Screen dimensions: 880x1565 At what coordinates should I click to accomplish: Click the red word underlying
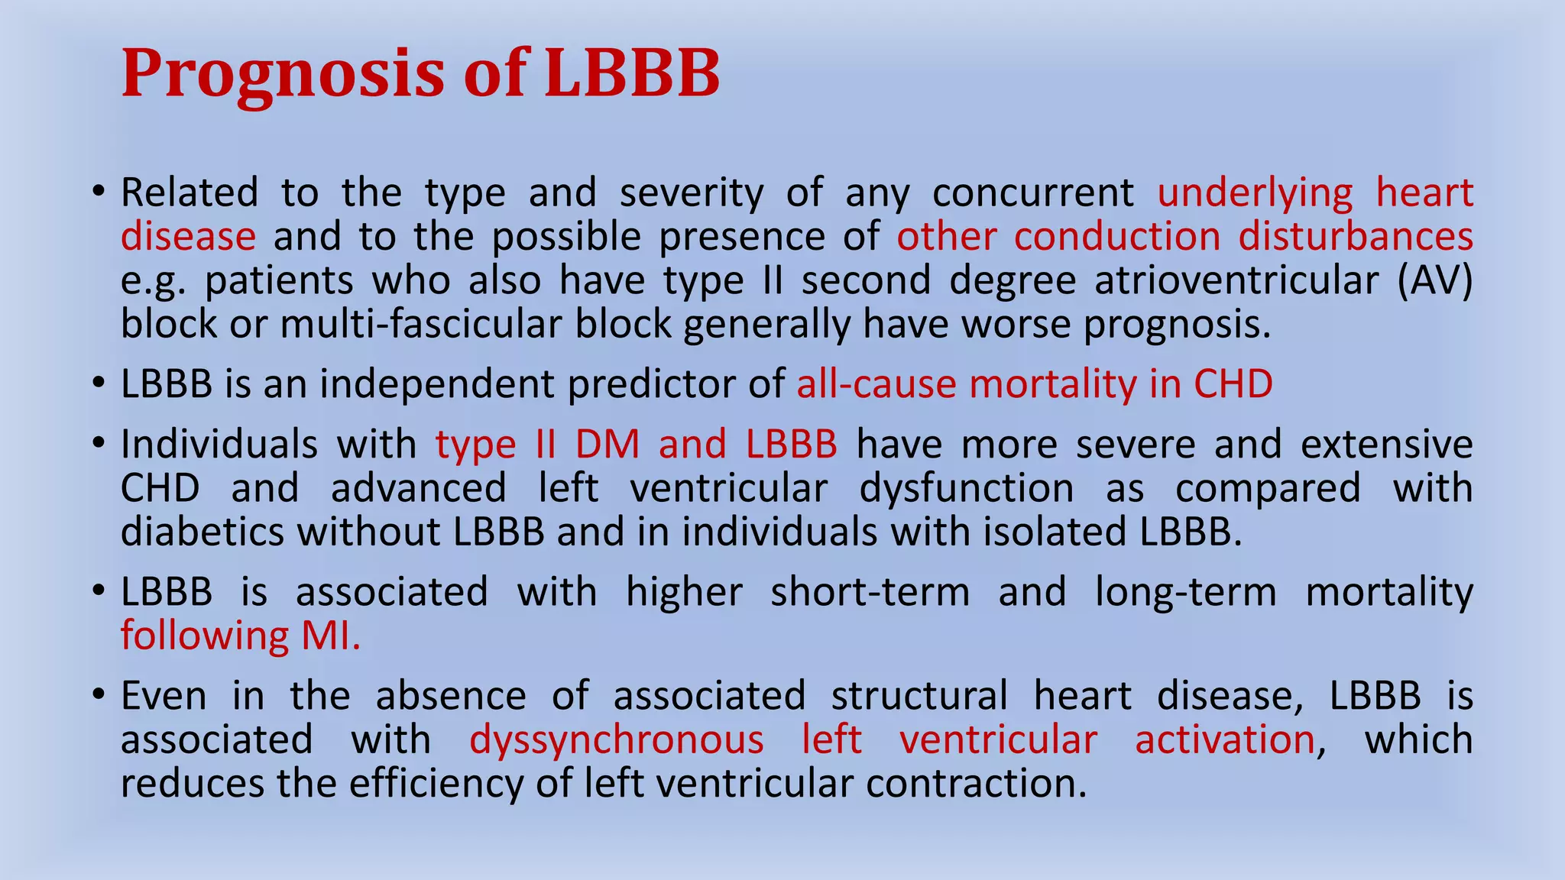click(x=1255, y=192)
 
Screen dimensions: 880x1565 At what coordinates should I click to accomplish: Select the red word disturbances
click(x=1356, y=236)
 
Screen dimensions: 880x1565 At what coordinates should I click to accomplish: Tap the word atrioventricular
click(x=1236, y=280)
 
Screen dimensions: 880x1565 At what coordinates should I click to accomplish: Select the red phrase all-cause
click(x=876, y=383)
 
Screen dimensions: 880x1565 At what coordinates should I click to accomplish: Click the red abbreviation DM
click(x=608, y=445)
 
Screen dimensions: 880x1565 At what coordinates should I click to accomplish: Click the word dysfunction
click(x=967, y=488)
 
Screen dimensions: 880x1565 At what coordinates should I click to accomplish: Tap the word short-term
click(x=870, y=592)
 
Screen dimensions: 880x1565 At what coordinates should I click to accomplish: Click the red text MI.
click(x=331, y=636)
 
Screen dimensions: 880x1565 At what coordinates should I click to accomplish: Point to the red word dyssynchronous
click(x=616, y=739)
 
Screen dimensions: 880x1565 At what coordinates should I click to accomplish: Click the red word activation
click(x=1224, y=739)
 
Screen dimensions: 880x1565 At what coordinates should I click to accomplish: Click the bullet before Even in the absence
click(x=98, y=696)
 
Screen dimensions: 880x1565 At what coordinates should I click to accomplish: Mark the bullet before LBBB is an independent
click(x=98, y=383)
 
